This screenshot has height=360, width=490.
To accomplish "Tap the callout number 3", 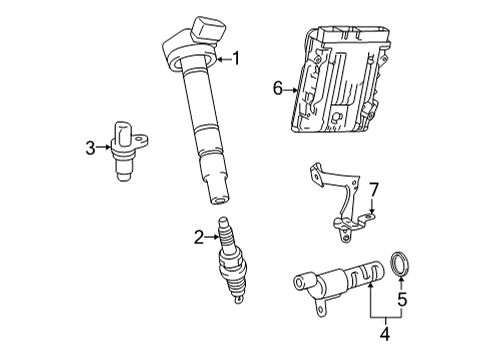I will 90,148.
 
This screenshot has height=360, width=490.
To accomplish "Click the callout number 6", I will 279,89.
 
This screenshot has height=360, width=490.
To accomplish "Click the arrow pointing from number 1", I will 223,59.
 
